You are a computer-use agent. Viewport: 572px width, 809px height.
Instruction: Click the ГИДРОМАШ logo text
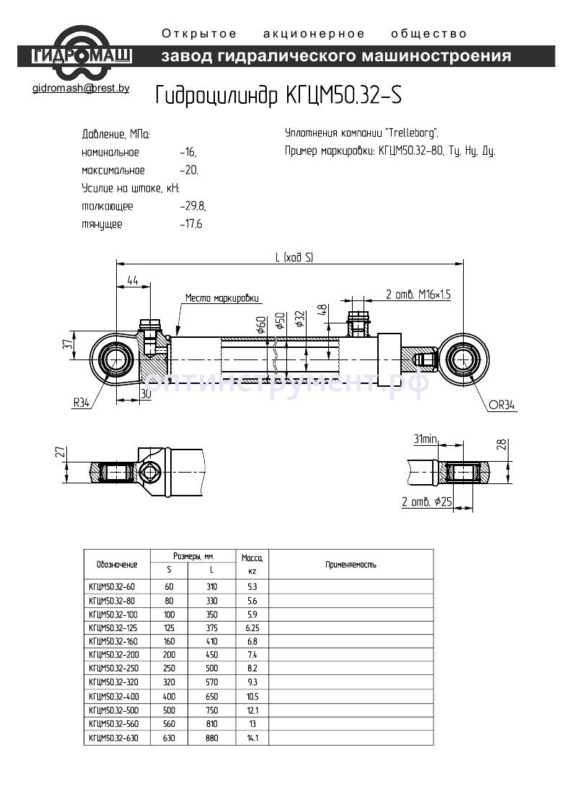point(82,55)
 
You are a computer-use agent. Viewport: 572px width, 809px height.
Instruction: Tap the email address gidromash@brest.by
point(81,89)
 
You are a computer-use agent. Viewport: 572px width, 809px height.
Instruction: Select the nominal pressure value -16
point(188,153)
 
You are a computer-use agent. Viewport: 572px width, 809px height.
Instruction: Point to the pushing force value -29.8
point(193,206)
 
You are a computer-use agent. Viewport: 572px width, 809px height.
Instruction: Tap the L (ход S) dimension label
point(294,257)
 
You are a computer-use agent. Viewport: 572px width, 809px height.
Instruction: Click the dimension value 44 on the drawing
point(132,280)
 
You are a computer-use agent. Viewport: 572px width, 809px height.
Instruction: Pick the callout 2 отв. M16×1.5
point(418,294)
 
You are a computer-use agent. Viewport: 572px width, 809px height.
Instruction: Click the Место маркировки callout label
point(221,298)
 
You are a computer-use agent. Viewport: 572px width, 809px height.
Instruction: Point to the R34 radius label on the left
point(81,403)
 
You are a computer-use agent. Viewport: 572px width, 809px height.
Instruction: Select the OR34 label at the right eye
point(502,406)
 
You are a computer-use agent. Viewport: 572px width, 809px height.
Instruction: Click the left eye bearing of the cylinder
point(114,358)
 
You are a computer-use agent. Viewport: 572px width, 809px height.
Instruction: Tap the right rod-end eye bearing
point(464,358)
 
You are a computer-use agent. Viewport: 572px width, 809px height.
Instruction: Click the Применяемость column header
point(351,565)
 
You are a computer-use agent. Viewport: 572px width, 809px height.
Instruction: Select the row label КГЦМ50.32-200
point(112,655)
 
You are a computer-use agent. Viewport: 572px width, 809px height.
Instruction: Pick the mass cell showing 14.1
point(252,738)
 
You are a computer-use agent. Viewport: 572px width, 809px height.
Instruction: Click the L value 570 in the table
point(211,682)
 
